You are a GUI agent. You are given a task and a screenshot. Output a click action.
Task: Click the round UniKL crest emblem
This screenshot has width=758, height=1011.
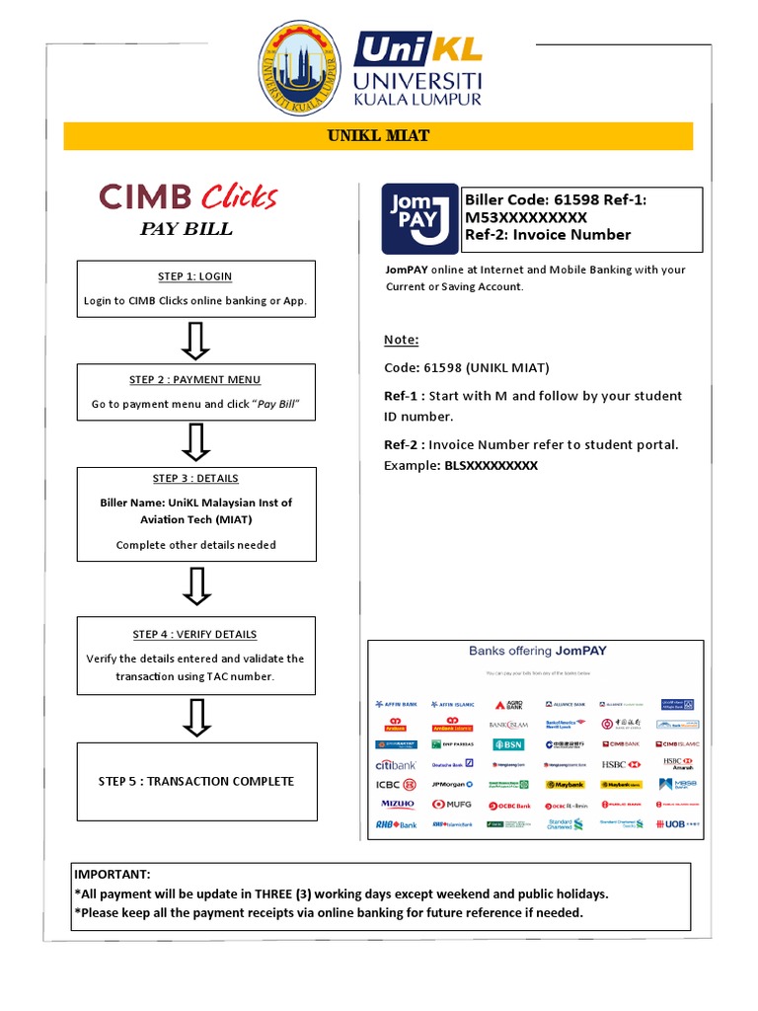pyautogui.click(x=305, y=67)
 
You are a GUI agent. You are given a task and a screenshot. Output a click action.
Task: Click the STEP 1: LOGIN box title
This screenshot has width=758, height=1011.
pyautogui.click(x=195, y=276)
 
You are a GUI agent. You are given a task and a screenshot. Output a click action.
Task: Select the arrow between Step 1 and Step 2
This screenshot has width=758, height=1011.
pyautogui.click(x=196, y=341)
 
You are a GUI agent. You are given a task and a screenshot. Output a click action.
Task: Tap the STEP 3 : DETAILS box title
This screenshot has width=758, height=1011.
pyautogui.click(x=195, y=479)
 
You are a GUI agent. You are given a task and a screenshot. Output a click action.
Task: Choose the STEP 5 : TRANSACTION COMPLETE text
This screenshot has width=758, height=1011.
pyautogui.click(x=196, y=781)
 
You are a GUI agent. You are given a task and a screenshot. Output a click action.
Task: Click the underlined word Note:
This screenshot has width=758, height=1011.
pyautogui.click(x=401, y=340)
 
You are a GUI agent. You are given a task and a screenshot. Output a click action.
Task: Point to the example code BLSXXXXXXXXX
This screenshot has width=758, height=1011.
pyautogui.click(x=491, y=465)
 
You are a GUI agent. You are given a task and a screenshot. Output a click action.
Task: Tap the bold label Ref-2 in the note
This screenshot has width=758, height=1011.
pyautogui.click(x=403, y=444)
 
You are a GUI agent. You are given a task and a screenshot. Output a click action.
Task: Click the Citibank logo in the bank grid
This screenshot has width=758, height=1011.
pyautogui.click(x=396, y=764)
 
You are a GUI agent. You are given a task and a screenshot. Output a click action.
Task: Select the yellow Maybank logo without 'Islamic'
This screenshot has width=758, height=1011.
pyautogui.click(x=566, y=785)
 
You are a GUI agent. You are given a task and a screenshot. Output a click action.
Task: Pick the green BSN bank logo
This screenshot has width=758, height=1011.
pyautogui.click(x=509, y=743)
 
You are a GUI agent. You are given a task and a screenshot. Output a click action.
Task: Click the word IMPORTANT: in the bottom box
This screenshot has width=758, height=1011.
pyautogui.click(x=113, y=874)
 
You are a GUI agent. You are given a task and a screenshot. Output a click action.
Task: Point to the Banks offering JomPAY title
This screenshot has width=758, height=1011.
pyautogui.click(x=537, y=651)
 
